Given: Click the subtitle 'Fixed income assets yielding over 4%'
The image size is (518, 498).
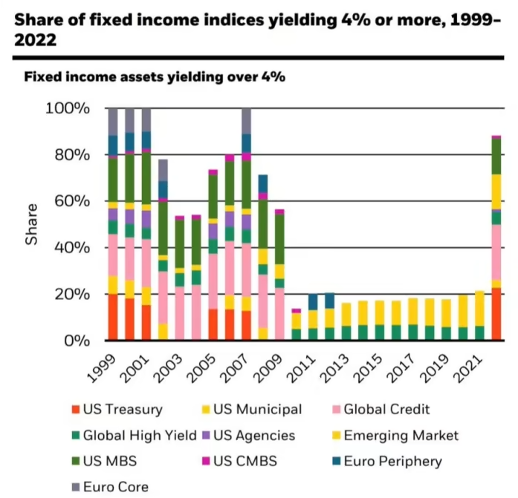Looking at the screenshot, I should tap(155, 76).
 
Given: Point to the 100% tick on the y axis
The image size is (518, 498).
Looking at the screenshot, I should tap(68, 109).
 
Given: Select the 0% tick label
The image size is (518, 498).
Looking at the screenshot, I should tap(77, 341).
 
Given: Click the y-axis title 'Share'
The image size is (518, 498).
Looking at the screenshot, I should tap(32, 226).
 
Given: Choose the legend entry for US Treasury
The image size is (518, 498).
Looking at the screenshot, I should tap(123, 409).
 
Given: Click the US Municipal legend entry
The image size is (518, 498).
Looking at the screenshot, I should tap(257, 409).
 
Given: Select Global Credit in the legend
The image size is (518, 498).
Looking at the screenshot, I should tap(387, 409).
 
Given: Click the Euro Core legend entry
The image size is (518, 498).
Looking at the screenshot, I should tap(117, 487).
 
